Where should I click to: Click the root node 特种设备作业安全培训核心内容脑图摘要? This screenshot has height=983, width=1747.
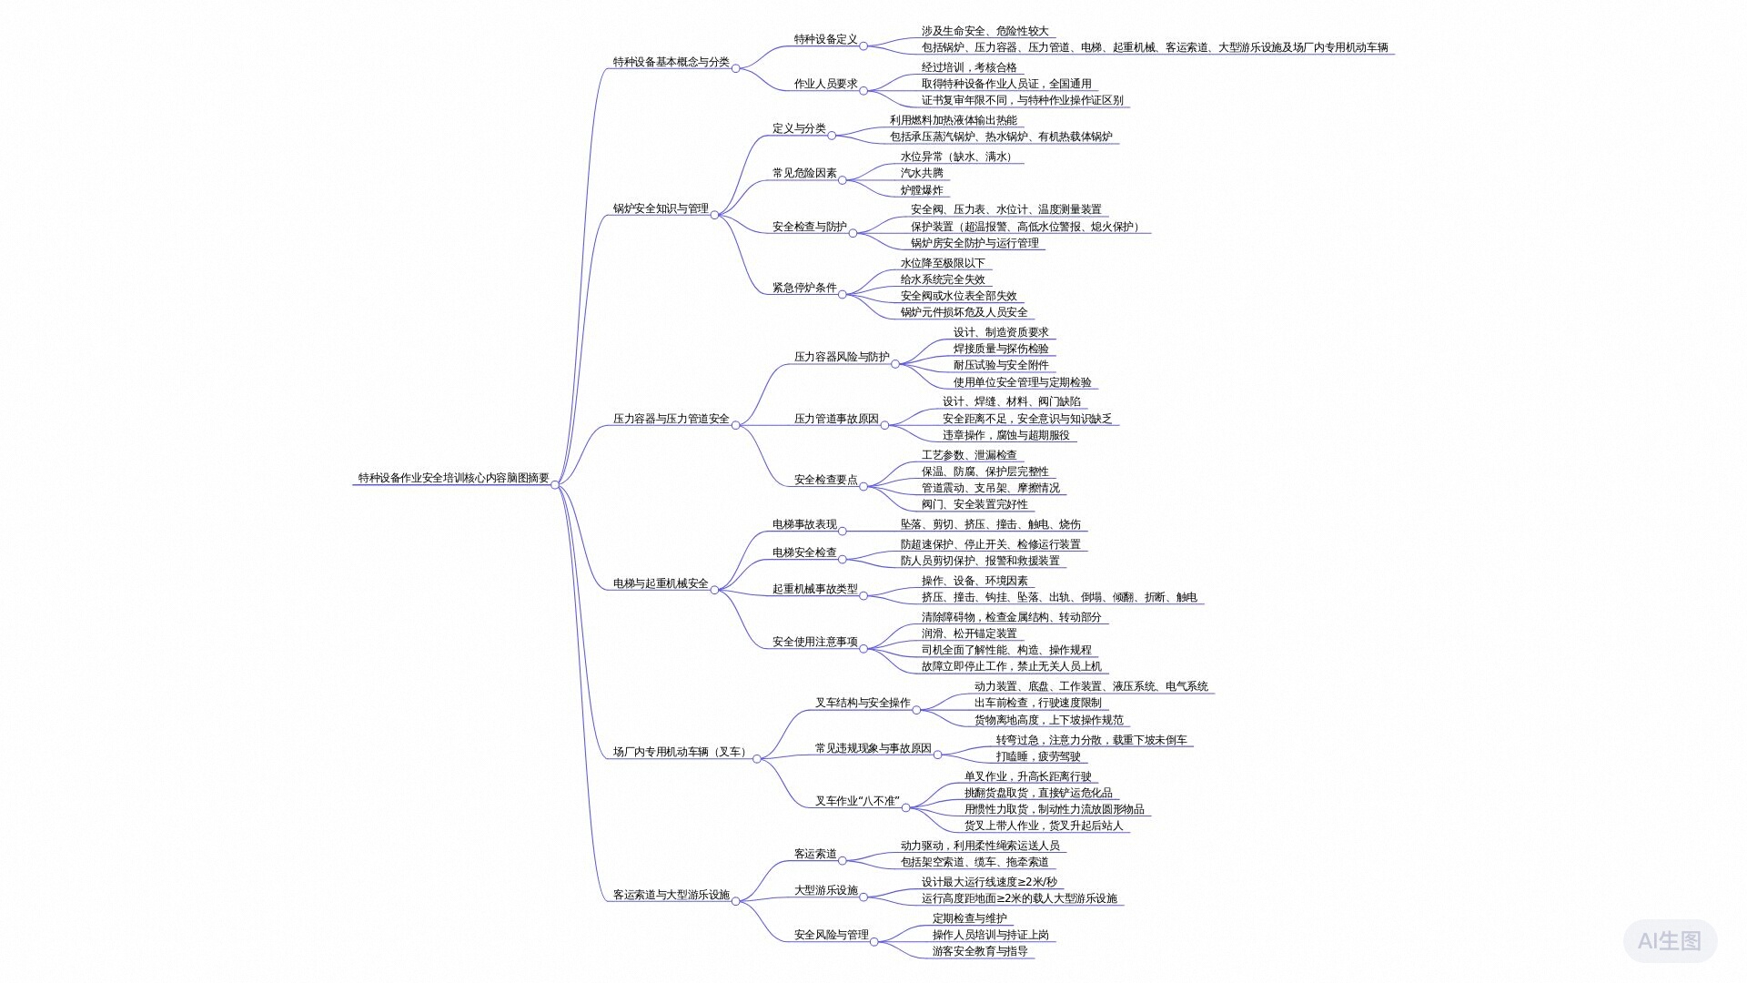click(453, 478)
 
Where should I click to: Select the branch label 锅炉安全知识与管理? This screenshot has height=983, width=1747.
click(661, 208)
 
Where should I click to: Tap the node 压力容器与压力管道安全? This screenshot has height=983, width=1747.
click(671, 419)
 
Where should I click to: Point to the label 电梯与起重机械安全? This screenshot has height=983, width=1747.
click(661, 583)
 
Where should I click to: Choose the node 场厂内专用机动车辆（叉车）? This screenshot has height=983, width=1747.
click(682, 752)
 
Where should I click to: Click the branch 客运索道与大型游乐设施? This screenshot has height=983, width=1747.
click(671, 895)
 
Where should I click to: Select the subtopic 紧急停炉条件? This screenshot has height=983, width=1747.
click(804, 288)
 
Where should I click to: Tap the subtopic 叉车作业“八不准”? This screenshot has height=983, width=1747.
click(857, 801)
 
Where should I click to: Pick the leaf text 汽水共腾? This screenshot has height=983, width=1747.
click(922, 173)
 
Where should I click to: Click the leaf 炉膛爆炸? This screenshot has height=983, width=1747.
click(922, 190)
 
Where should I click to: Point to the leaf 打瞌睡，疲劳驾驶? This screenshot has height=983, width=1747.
click(1038, 756)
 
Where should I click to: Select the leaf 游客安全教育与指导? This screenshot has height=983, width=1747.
click(980, 951)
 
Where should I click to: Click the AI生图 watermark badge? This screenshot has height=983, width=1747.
click(1670, 940)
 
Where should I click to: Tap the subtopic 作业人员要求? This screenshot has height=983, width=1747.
click(825, 84)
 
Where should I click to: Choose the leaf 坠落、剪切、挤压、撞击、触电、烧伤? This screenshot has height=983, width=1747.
click(991, 524)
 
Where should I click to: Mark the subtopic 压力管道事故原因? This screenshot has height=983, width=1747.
click(836, 419)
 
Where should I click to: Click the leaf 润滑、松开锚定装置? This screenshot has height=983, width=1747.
click(969, 633)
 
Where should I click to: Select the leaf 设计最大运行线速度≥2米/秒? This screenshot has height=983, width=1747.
click(989, 882)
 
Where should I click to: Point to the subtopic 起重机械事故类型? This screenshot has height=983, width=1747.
click(814, 589)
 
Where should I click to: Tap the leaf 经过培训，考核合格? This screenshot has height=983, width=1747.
click(969, 67)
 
